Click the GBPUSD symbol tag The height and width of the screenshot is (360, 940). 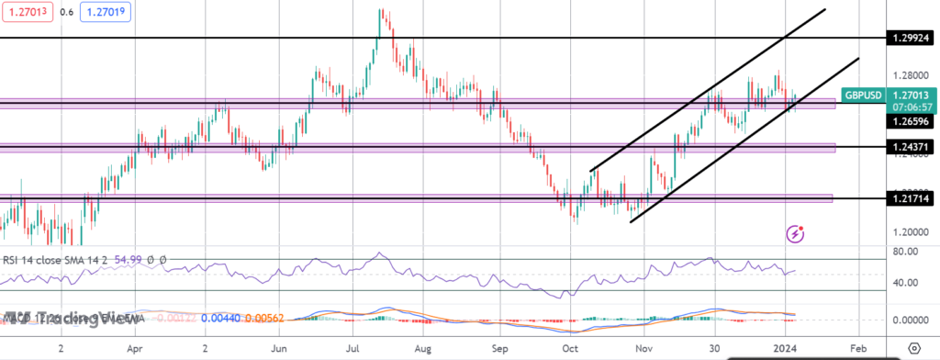click(x=864, y=94)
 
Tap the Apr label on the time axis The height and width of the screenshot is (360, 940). click(x=135, y=349)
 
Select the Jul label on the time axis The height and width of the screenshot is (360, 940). click(x=353, y=349)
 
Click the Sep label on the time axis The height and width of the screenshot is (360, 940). click(x=500, y=349)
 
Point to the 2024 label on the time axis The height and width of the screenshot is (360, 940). click(x=787, y=349)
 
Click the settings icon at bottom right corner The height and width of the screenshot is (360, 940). click(x=913, y=349)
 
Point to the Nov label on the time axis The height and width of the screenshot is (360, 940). click(x=644, y=349)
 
